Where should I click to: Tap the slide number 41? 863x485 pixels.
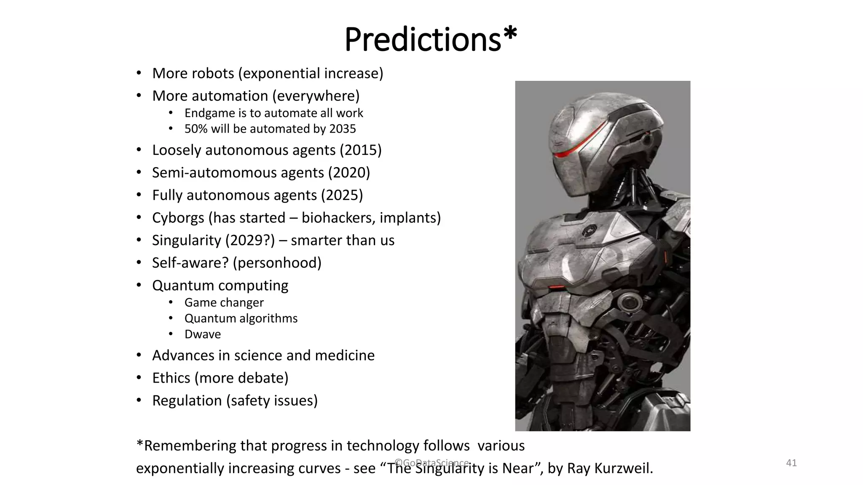point(791,463)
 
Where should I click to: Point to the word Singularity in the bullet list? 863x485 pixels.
point(187,240)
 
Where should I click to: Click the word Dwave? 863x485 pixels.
point(202,334)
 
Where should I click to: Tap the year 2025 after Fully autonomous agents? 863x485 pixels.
point(342,195)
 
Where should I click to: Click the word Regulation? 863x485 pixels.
point(187,400)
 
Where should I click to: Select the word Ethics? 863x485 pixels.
point(171,378)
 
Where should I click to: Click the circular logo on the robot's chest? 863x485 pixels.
point(588,231)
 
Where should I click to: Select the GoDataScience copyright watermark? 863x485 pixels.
point(431,463)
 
